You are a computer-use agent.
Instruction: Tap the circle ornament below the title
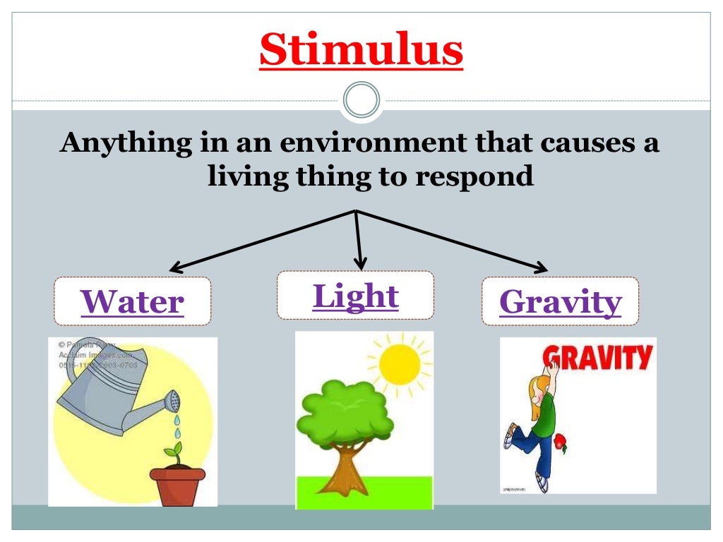[x=361, y=100]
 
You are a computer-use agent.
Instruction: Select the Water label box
[x=132, y=301]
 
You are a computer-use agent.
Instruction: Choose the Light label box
[x=355, y=295]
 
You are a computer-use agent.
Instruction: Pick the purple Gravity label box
[x=560, y=301]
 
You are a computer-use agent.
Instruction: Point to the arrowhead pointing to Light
[x=361, y=264]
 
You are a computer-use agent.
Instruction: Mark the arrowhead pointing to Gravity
[x=540, y=268]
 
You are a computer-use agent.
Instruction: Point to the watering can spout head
[x=172, y=402]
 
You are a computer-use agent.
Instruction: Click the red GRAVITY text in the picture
[x=600, y=357]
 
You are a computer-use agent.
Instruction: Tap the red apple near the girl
[x=560, y=442]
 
